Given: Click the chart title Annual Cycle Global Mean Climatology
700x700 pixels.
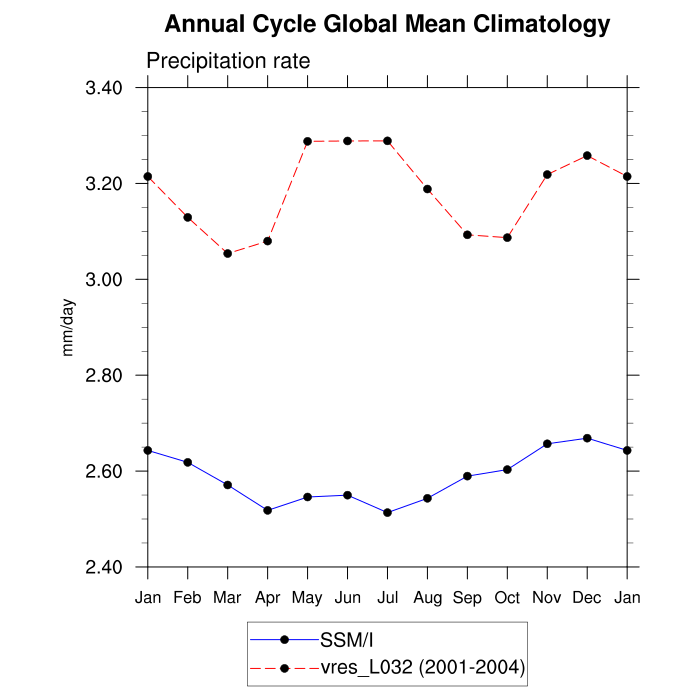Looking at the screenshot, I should point(387,24).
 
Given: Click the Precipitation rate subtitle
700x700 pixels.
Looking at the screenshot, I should point(228,61).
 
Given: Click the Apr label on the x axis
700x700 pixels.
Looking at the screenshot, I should point(267,597).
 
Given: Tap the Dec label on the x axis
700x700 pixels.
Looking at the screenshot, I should point(587,597).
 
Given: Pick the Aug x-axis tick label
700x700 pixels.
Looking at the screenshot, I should point(427,597).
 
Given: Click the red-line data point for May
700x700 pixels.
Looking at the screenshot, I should point(307,141).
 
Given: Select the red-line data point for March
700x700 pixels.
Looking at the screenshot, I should point(227,253).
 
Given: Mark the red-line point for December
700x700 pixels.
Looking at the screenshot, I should point(587,155).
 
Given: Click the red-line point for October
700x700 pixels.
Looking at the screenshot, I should point(507,237).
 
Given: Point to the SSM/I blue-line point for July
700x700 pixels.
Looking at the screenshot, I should point(387,512).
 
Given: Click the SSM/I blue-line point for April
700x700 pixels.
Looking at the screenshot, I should point(267,510).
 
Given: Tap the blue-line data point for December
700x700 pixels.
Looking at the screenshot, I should point(587,438).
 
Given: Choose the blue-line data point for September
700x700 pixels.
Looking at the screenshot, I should point(467,476).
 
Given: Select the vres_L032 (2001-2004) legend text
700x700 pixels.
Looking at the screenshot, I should point(422,666).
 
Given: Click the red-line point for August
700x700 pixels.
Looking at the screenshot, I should point(427,188).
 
